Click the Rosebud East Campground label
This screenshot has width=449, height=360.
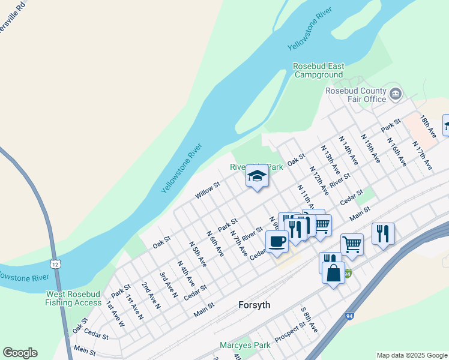(318, 70)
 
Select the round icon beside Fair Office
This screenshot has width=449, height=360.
(396, 93)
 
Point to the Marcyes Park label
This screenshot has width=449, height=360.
(246, 345)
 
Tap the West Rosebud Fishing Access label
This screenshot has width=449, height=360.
(73, 298)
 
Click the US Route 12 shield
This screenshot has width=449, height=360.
(55, 264)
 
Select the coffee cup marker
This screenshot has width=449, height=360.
(277, 241)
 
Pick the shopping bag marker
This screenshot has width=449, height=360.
(333, 272)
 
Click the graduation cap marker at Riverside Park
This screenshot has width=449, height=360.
(257, 176)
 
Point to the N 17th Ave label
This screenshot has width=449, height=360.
(422, 155)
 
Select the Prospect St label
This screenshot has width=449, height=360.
(291, 334)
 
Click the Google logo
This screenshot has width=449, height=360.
(20, 353)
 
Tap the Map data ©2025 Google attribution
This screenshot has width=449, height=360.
(411, 355)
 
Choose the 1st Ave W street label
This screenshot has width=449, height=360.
(115, 313)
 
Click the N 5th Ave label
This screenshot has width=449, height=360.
(197, 254)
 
